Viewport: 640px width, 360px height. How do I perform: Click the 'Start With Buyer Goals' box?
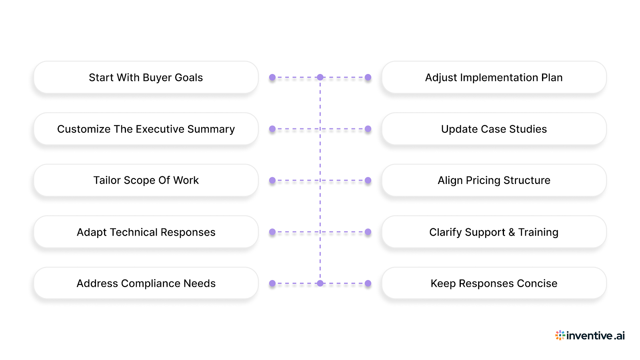(x=146, y=77)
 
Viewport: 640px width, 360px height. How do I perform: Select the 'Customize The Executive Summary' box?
(x=146, y=129)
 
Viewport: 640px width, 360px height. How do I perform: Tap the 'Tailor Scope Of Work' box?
(x=146, y=180)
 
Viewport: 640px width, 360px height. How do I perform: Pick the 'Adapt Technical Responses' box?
(x=146, y=232)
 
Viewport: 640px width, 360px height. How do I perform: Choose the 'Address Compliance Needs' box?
(x=146, y=283)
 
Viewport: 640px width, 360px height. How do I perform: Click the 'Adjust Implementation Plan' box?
(x=494, y=77)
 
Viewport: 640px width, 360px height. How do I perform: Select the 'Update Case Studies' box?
(x=494, y=129)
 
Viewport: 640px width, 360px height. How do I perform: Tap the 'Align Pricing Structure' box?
(x=494, y=180)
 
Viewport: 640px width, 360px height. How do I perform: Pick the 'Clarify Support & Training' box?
(x=494, y=232)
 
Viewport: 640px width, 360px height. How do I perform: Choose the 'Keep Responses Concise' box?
(x=494, y=283)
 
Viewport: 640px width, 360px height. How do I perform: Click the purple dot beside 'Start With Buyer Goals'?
(x=272, y=77)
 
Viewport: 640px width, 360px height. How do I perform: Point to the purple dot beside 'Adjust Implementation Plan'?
(x=368, y=77)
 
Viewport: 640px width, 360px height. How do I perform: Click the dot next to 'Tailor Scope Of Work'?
(x=272, y=180)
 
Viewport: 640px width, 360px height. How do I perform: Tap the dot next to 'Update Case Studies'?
(x=368, y=129)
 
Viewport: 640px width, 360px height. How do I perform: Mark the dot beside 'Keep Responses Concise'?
(x=368, y=283)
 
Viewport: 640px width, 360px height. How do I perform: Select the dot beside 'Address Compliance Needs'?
(x=272, y=283)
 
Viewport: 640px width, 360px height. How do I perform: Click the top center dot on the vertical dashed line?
(x=320, y=77)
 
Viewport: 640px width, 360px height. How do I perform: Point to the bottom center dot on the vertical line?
(x=320, y=283)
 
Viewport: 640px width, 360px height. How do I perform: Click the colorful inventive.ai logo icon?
(x=560, y=335)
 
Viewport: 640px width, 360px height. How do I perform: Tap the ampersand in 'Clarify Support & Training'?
(x=512, y=232)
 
